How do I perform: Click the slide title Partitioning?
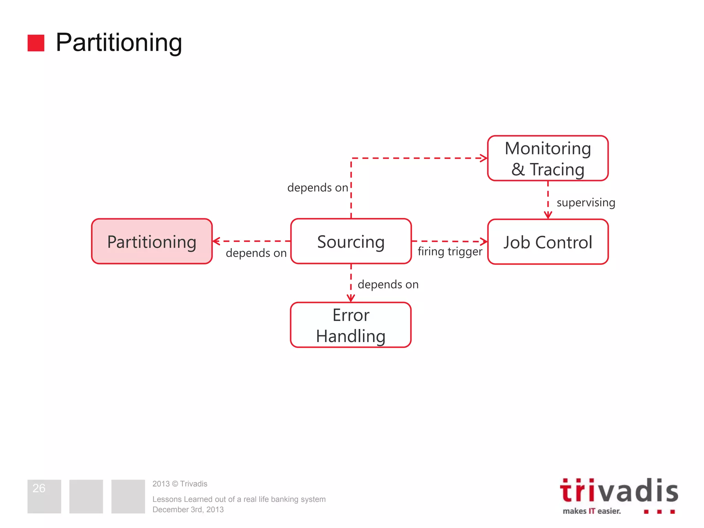(119, 43)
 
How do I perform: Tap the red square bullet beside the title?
(36, 43)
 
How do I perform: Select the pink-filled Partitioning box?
(152, 242)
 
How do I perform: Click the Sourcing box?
(351, 242)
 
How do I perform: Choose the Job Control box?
(548, 242)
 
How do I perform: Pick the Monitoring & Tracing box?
(548, 158)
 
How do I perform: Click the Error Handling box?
(351, 325)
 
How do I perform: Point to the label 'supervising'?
(586, 202)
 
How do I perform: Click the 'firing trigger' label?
(450, 252)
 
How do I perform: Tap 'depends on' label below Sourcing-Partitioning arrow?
(256, 253)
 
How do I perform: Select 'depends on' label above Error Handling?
(388, 285)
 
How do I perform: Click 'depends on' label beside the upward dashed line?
(318, 188)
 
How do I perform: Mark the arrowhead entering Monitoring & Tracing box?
(484, 158)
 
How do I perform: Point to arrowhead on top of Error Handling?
(351, 298)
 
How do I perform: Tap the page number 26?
(39, 488)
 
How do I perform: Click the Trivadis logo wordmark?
(619, 491)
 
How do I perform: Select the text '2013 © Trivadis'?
(180, 484)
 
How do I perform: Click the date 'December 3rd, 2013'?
(188, 510)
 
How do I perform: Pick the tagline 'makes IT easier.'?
(592, 511)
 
